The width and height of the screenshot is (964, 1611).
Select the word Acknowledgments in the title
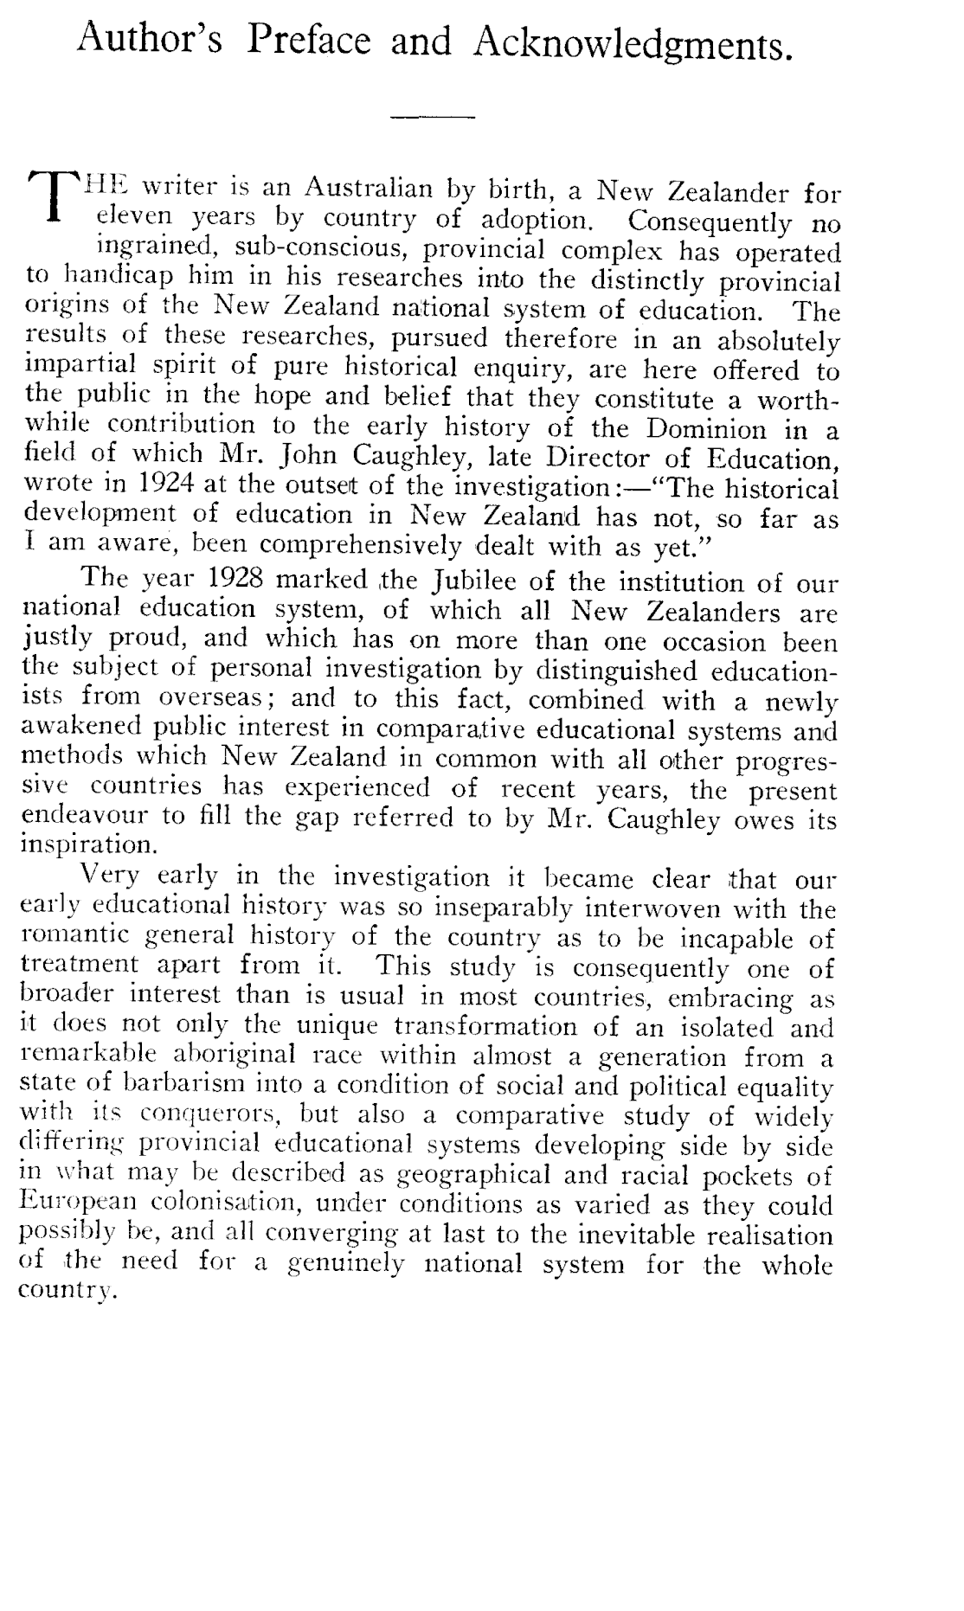point(633,43)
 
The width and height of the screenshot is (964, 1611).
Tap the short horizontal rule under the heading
point(434,117)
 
